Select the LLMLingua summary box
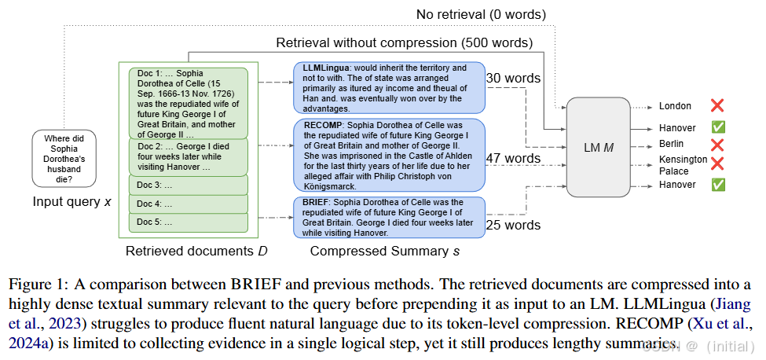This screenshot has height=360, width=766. pyautogui.click(x=389, y=87)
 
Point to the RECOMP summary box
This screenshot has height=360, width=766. pyautogui.click(x=389, y=155)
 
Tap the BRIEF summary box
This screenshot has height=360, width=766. pyautogui.click(x=389, y=218)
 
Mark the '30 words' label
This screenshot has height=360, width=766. pyautogui.click(x=514, y=78)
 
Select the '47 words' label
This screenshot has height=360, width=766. pyautogui.click(x=514, y=159)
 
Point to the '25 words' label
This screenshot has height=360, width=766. pyautogui.click(x=514, y=225)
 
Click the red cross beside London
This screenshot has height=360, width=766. pyautogui.click(x=717, y=105)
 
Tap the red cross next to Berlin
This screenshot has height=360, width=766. pyautogui.click(x=717, y=144)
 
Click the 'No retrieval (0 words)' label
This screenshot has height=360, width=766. pyautogui.click(x=482, y=14)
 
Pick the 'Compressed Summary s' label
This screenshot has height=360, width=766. pyautogui.click(x=384, y=252)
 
